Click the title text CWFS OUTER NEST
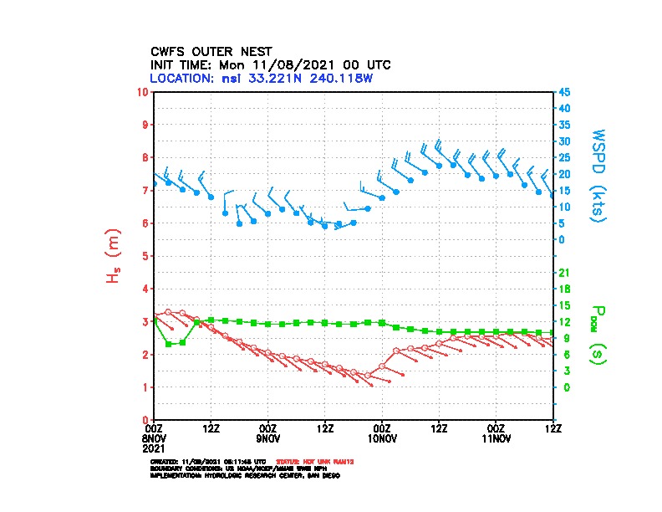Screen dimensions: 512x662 click(211, 51)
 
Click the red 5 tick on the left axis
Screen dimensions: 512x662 click(146, 256)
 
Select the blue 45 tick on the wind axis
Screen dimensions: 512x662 click(564, 92)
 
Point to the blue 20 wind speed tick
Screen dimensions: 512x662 click(564, 174)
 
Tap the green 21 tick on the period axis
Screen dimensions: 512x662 click(564, 273)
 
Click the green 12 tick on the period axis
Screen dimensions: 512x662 click(564, 322)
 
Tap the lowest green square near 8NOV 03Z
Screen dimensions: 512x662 click(169, 344)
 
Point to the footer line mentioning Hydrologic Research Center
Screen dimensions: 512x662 click(244, 475)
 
